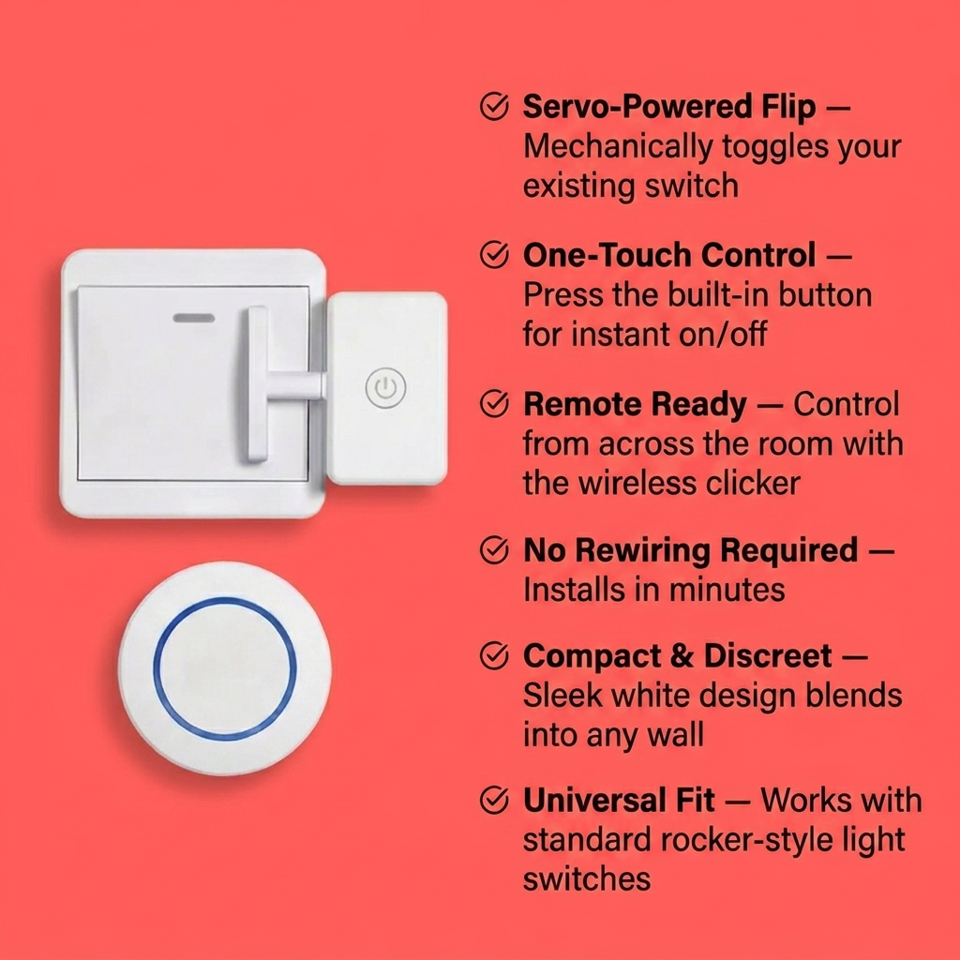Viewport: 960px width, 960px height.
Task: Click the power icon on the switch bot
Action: coord(385,387)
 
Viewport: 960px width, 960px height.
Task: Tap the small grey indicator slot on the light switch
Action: coord(194,318)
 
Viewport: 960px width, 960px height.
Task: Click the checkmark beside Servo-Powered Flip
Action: coord(494,107)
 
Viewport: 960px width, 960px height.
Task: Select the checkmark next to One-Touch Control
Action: coord(494,255)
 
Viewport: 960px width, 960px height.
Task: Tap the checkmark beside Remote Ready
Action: coord(494,403)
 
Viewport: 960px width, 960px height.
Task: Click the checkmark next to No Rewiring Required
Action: coord(494,549)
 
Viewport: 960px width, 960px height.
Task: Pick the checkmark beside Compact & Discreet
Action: coord(494,655)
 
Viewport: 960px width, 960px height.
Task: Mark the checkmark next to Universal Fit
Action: coord(494,800)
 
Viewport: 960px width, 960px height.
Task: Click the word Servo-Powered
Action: coord(637,107)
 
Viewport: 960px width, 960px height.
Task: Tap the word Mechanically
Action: coord(618,147)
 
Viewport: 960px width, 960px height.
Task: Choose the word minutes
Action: coord(727,591)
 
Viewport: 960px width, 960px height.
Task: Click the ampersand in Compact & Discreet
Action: coord(682,656)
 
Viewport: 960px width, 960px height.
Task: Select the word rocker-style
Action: coord(747,841)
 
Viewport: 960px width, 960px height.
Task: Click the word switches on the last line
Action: coord(587,879)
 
